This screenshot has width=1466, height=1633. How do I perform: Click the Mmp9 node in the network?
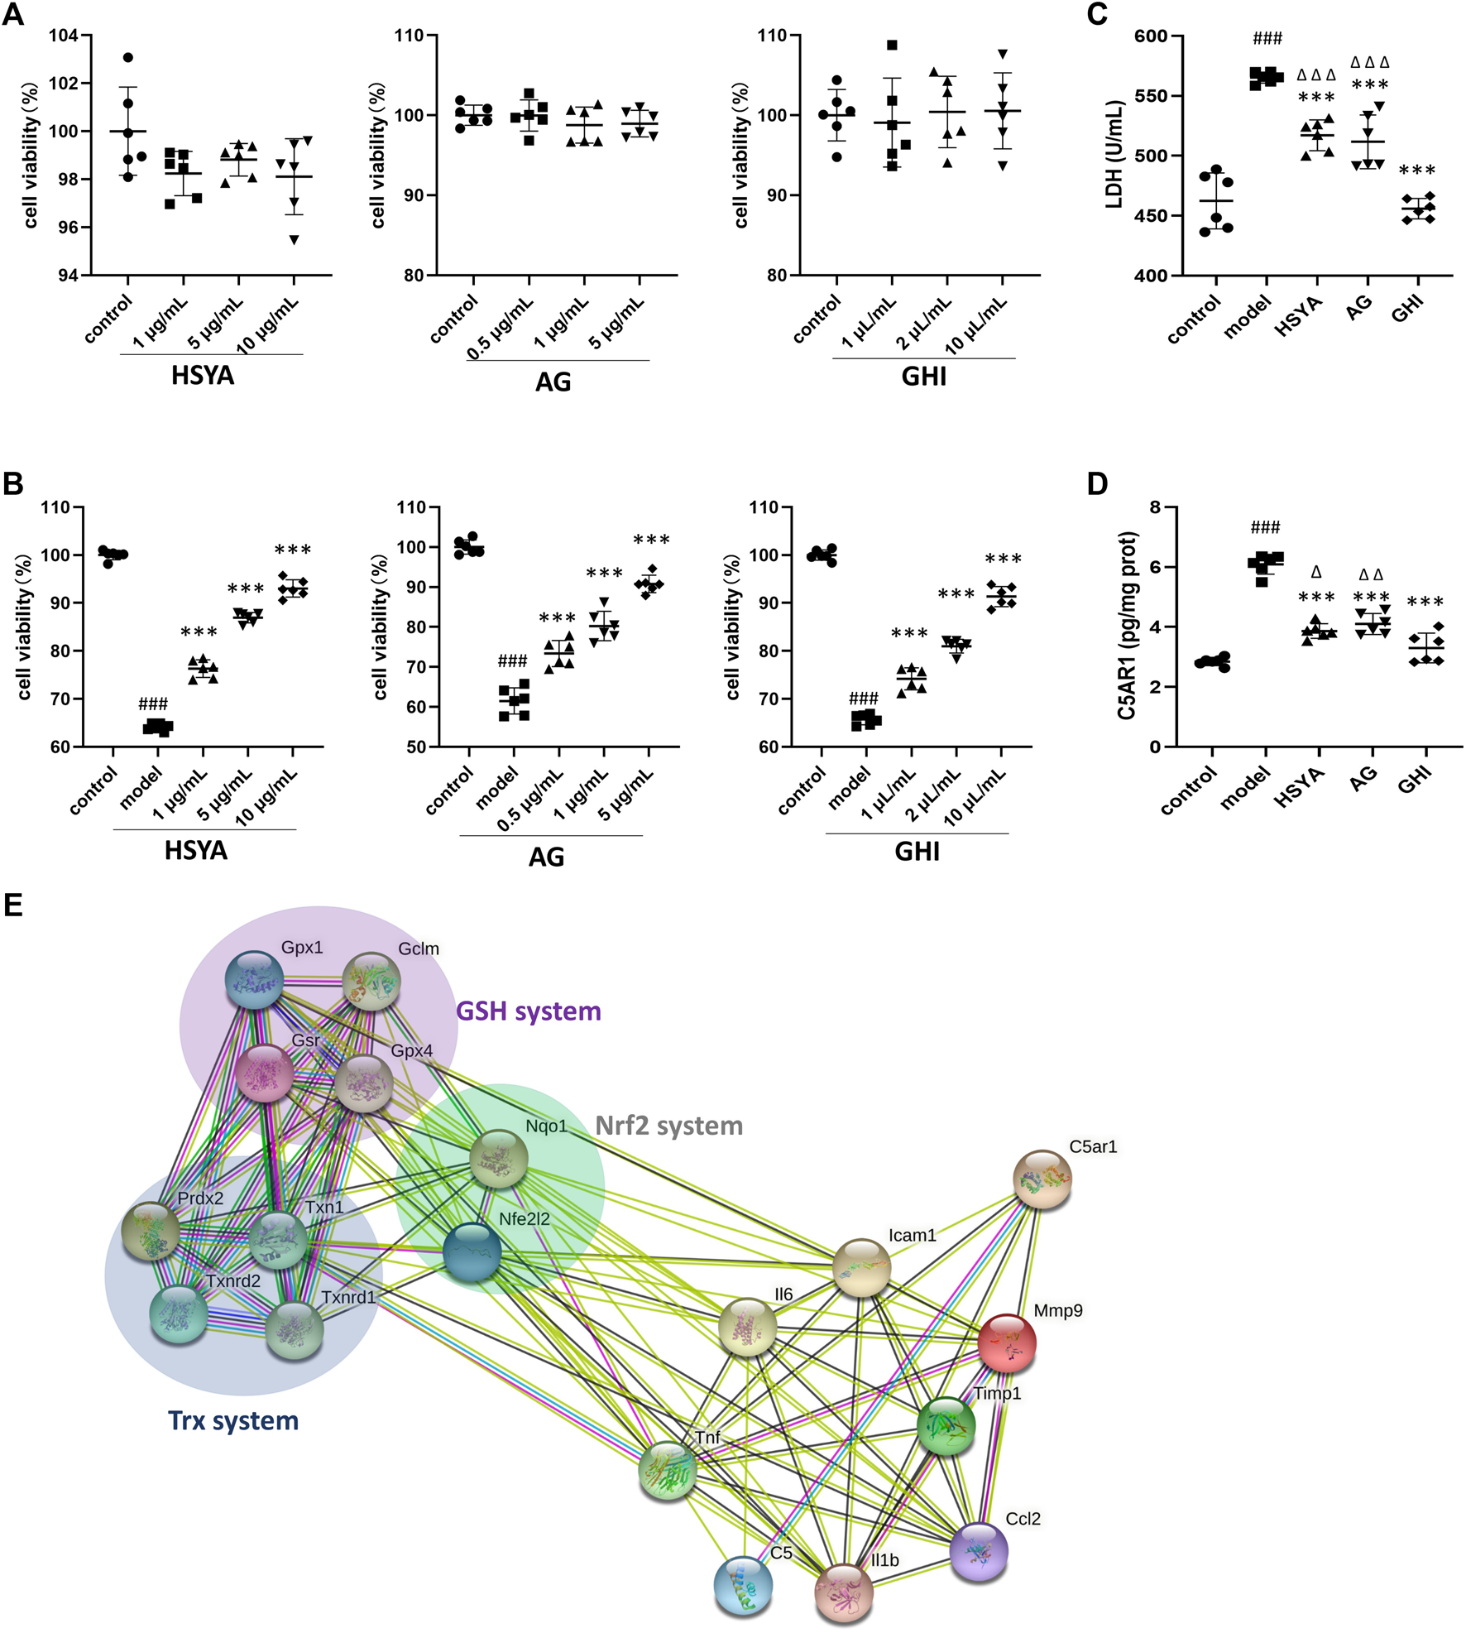pos(1006,1342)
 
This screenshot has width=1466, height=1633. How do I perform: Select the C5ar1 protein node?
pos(1042,1179)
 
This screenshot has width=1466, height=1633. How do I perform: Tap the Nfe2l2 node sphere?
pos(472,1251)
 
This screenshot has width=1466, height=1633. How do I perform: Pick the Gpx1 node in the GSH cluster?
pos(255,979)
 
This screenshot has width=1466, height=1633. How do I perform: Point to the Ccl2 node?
pos(979,1551)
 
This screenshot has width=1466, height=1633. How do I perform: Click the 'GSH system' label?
pos(529,1011)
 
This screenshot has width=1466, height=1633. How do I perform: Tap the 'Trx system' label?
pos(233,1421)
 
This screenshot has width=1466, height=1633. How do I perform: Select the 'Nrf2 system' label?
pos(669,1126)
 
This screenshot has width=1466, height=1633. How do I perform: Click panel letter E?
pos(12,905)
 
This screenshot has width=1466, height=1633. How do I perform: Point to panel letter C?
pos(1097,14)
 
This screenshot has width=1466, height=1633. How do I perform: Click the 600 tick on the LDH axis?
pos(1151,36)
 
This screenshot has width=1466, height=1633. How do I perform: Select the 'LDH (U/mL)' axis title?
pos(1114,154)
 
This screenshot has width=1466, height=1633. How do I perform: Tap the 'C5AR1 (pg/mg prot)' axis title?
pos(1127,626)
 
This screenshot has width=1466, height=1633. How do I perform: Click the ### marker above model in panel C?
pos(1267,38)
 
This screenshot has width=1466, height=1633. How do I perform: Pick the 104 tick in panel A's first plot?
pos(63,36)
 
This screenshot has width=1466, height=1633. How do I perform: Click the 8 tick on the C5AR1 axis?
pos(1155,507)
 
